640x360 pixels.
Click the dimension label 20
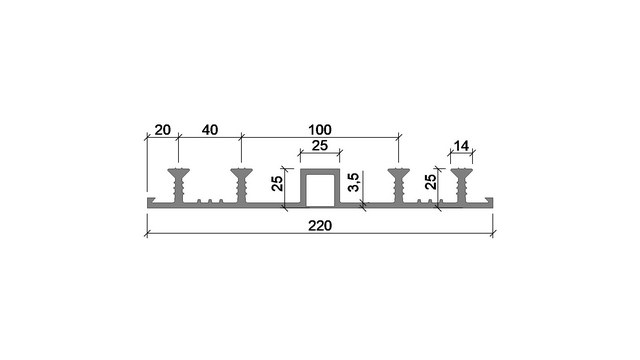pyautogui.click(x=162, y=130)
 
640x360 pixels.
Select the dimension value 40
pyautogui.click(x=210, y=130)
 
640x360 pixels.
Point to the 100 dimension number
pyautogui.click(x=320, y=130)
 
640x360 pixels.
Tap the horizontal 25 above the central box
pyautogui.click(x=320, y=145)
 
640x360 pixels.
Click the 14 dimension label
pyautogui.click(x=461, y=146)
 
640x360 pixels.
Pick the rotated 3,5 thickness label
pyautogui.click(x=353, y=182)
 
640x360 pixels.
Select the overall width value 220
pyautogui.click(x=320, y=226)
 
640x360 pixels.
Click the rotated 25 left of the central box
pyautogui.click(x=277, y=183)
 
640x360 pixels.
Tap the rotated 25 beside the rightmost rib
pyautogui.click(x=431, y=182)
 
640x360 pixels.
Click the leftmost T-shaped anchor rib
pyautogui.click(x=178, y=186)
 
